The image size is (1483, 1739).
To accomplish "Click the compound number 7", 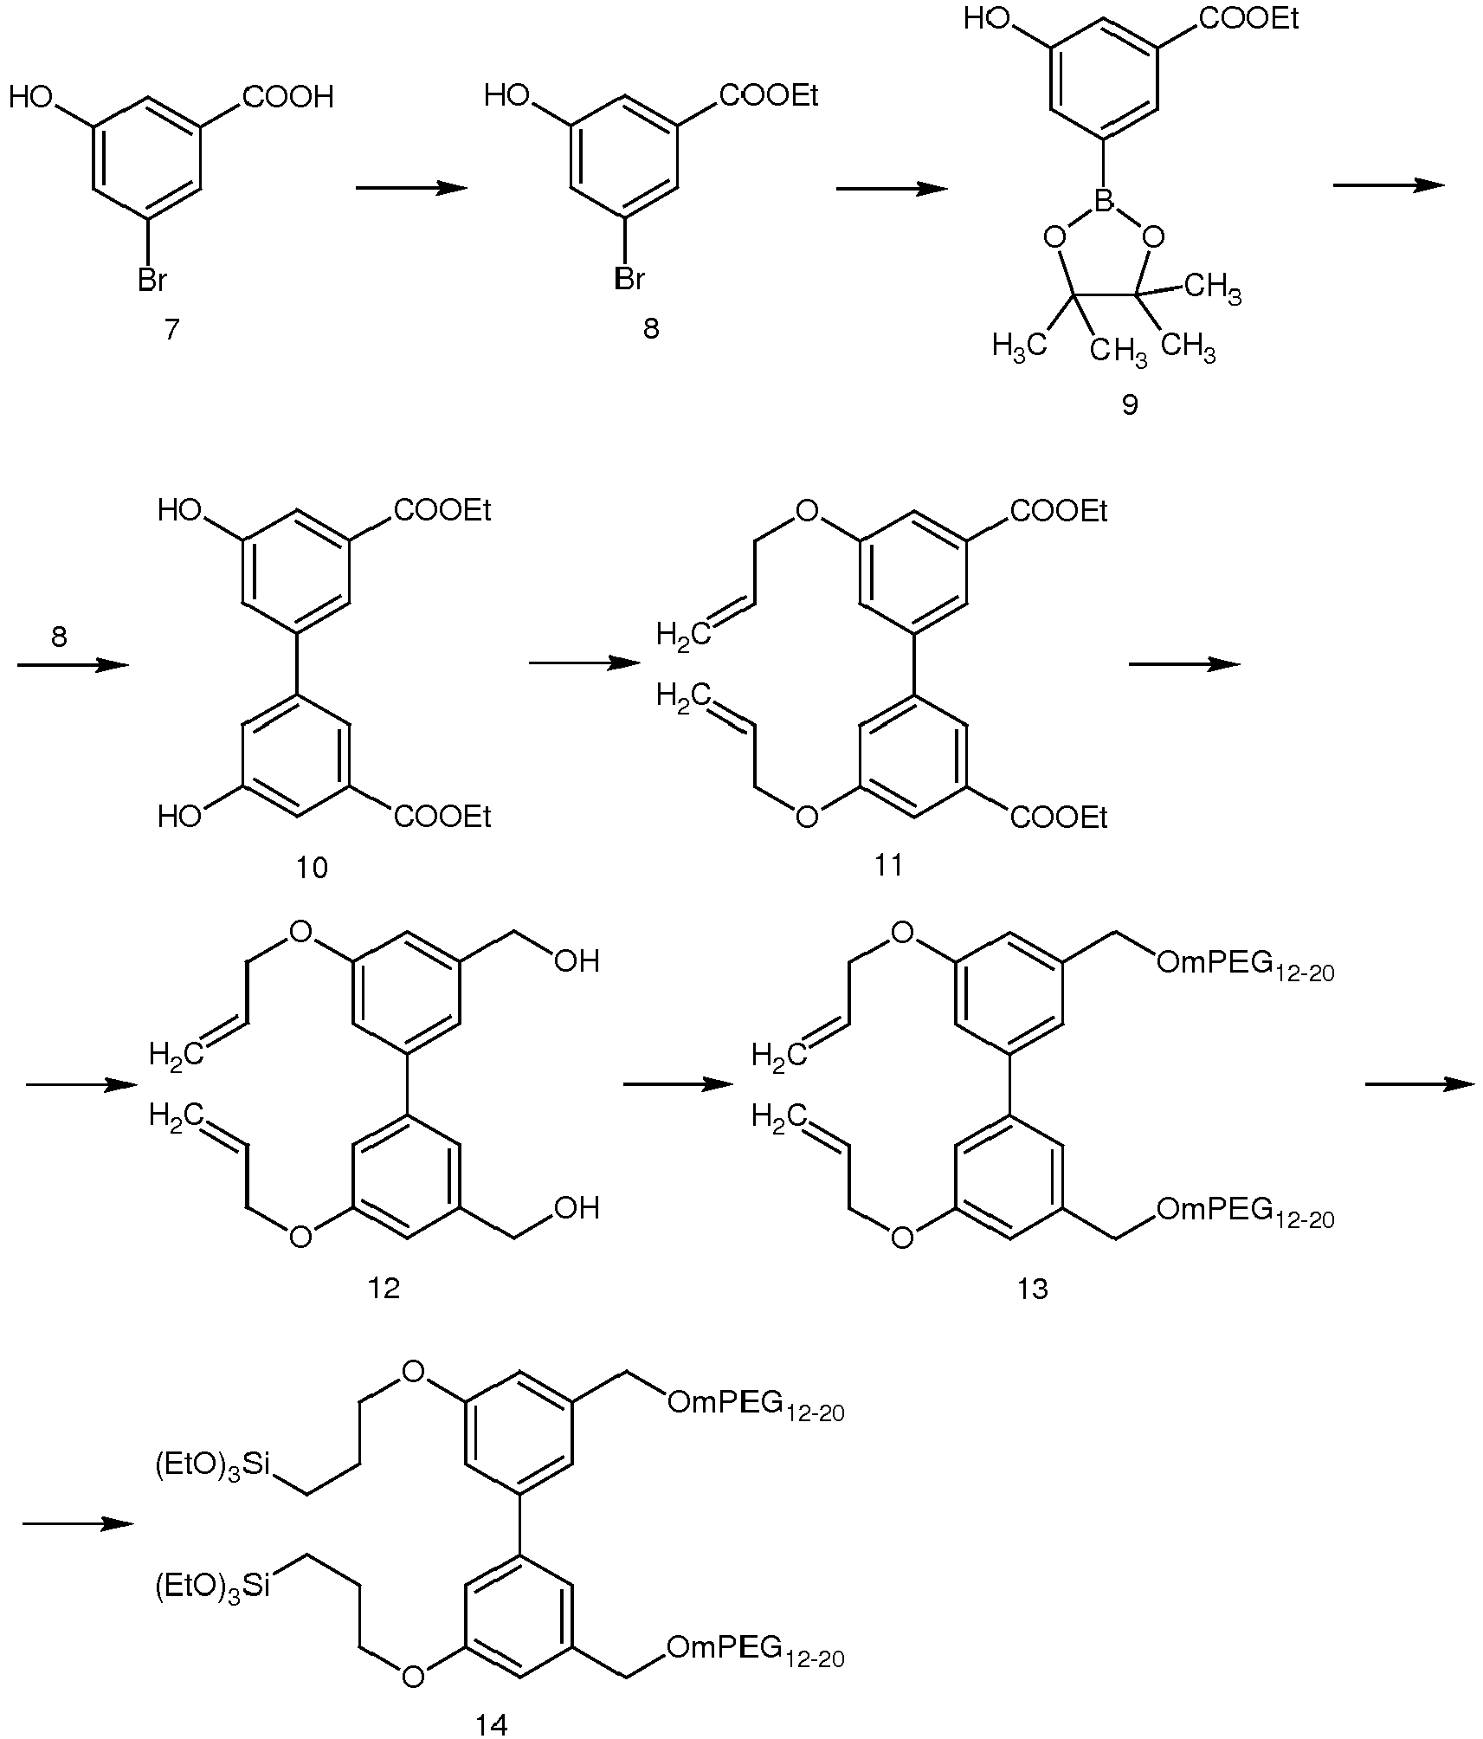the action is (x=171, y=330).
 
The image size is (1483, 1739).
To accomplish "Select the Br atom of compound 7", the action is (x=152, y=279).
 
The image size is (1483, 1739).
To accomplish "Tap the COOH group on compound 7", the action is (x=288, y=97).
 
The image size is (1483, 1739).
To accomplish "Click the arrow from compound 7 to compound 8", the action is (x=411, y=188).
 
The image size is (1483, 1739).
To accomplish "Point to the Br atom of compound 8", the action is (x=629, y=279).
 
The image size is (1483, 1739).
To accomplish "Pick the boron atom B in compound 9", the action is (x=1103, y=203).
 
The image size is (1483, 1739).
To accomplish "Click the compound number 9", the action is (x=1130, y=404).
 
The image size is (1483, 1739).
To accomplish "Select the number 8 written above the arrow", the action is (x=59, y=637).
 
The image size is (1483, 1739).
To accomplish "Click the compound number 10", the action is (x=313, y=867).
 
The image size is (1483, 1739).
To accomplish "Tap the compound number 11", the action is (x=889, y=865).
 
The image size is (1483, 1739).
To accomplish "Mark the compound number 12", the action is (x=384, y=1288).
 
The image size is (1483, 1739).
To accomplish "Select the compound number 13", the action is (x=1033, y=1289).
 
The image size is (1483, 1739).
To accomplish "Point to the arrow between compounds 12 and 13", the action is (x=678, y=1084).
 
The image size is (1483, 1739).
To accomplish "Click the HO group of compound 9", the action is (x=988, y=19).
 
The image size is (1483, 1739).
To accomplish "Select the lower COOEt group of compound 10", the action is (x=442, y=816).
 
